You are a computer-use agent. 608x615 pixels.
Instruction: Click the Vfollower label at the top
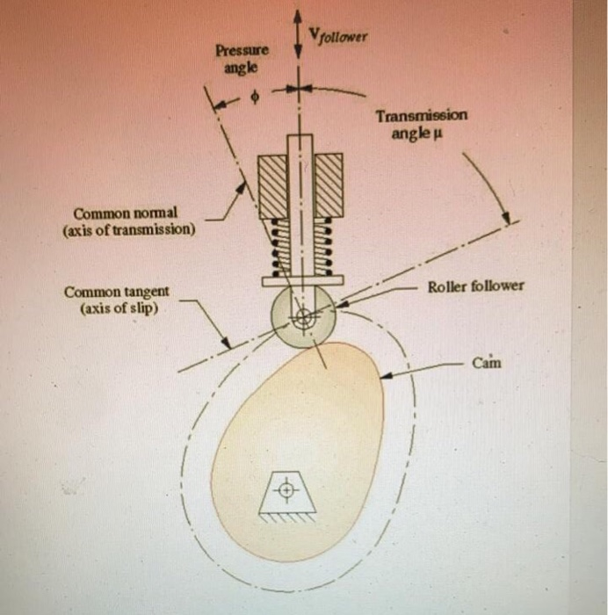click(x=338, y=36)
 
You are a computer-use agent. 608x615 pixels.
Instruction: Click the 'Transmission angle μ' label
click(x=422, y=123)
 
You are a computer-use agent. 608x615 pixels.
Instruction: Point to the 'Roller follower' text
click(x=475, y=286)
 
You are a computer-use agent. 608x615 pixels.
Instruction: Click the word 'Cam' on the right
click(x=486, y=361)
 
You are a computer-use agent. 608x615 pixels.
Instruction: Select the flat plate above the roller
click(x=301, y=281)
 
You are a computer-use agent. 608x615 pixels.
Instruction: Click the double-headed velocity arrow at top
click(x=300, y=35)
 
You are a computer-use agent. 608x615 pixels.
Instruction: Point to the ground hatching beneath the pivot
click(x=286, y=517)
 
